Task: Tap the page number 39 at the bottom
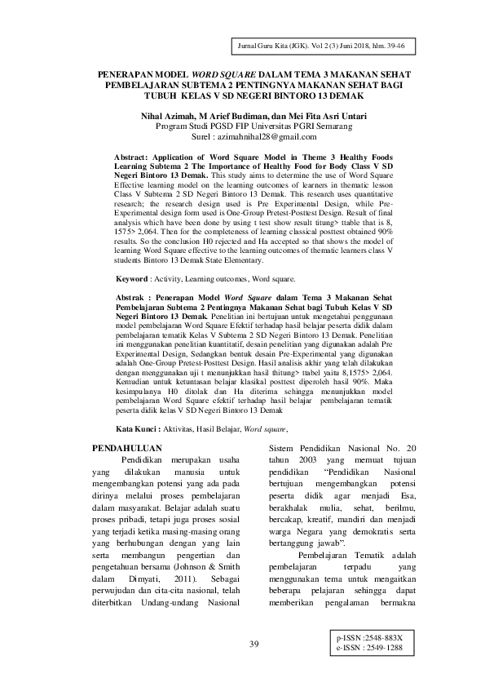tap(254, 645)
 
